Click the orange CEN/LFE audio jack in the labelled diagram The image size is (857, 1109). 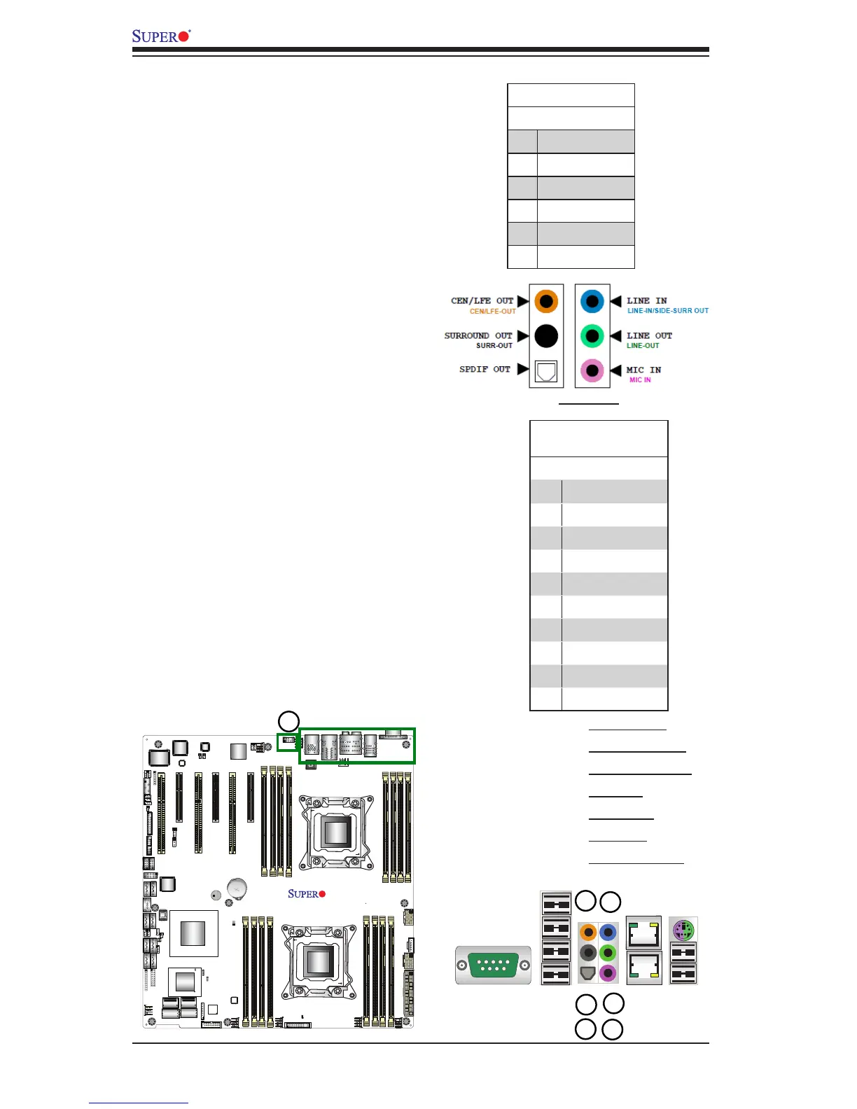[x=546, y=302]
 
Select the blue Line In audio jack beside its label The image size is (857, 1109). [x=592, y=302]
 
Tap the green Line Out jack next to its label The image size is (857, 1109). [x=592, y=336]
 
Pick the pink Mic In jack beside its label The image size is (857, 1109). [x=592, y=370]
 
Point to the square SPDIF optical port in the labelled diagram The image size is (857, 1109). [x=546, y=370]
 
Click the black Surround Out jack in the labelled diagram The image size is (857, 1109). [x=546, y=336]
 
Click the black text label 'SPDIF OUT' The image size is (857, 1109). [x=485, y=369]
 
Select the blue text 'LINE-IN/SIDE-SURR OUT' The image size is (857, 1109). [x=667, y=311]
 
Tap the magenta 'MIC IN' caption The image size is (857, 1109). [x=640, y=380]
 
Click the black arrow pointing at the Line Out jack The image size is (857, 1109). [x=616, y=336]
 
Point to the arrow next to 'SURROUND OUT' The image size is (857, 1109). [x=522, y=336]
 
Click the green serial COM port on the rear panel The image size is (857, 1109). [x=493, y=965]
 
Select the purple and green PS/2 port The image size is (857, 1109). [x=683, y=930]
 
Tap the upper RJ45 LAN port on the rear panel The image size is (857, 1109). [x=643, y=933]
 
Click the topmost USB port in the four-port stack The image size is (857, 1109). [x=556, y=904]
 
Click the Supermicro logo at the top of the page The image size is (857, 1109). [x=161, y=36]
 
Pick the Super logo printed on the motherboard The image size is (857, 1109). [x=307, y=894]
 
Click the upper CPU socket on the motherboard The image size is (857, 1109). [x=336, y=831]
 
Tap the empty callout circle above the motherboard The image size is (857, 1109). [x=288, y=721]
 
